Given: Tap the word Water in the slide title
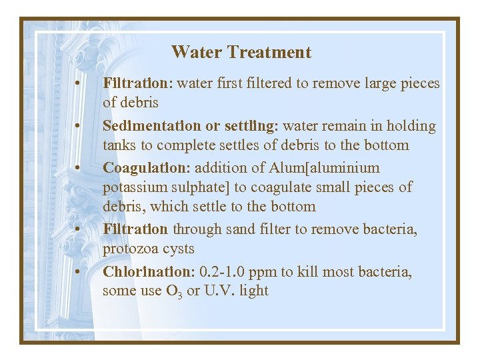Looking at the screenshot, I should pos(197,52).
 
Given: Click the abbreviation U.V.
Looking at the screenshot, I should pos(225,291).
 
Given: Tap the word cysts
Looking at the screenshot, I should pos(177,249).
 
